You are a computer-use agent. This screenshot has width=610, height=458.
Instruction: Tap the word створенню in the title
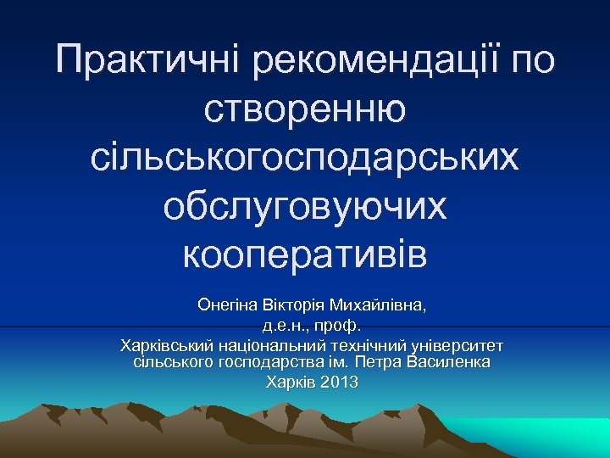(305, 110)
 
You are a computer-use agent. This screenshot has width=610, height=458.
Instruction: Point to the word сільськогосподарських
(305, 159)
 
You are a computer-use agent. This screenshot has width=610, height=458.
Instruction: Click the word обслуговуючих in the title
(305, 207)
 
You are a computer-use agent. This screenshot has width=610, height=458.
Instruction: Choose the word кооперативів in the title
(305, 254)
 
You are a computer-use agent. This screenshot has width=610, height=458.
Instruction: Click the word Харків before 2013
(291, 383)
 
